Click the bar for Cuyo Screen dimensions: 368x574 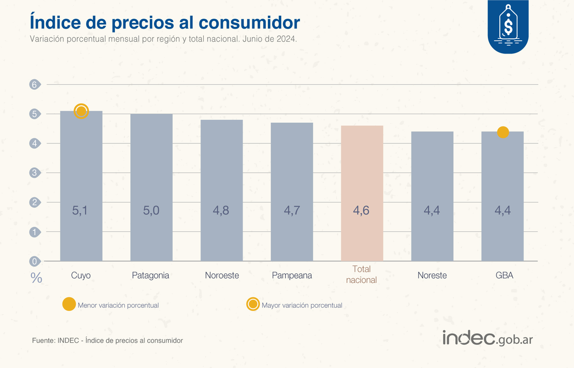pos(81,186)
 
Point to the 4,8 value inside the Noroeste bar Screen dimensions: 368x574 pos(221,210)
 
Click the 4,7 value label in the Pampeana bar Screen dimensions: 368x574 pos(292,210)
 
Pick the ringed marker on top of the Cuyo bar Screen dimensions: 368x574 pos(81,111)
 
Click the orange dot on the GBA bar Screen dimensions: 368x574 pos(503,132)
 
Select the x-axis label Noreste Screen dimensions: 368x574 pos(432,276)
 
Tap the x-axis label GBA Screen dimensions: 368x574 pos(502,276)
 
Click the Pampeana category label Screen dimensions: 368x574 pos(292,276)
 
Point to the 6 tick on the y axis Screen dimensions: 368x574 pos(34,85)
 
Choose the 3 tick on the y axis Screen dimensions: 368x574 pos(34,173)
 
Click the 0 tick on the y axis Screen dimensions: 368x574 pos(34,261)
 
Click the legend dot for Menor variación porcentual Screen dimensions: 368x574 pos(69,304)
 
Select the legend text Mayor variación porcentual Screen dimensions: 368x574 pos(302,305)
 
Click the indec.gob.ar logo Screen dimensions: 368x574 pos(487,338)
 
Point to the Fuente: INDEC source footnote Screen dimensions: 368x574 pos(108,341)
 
